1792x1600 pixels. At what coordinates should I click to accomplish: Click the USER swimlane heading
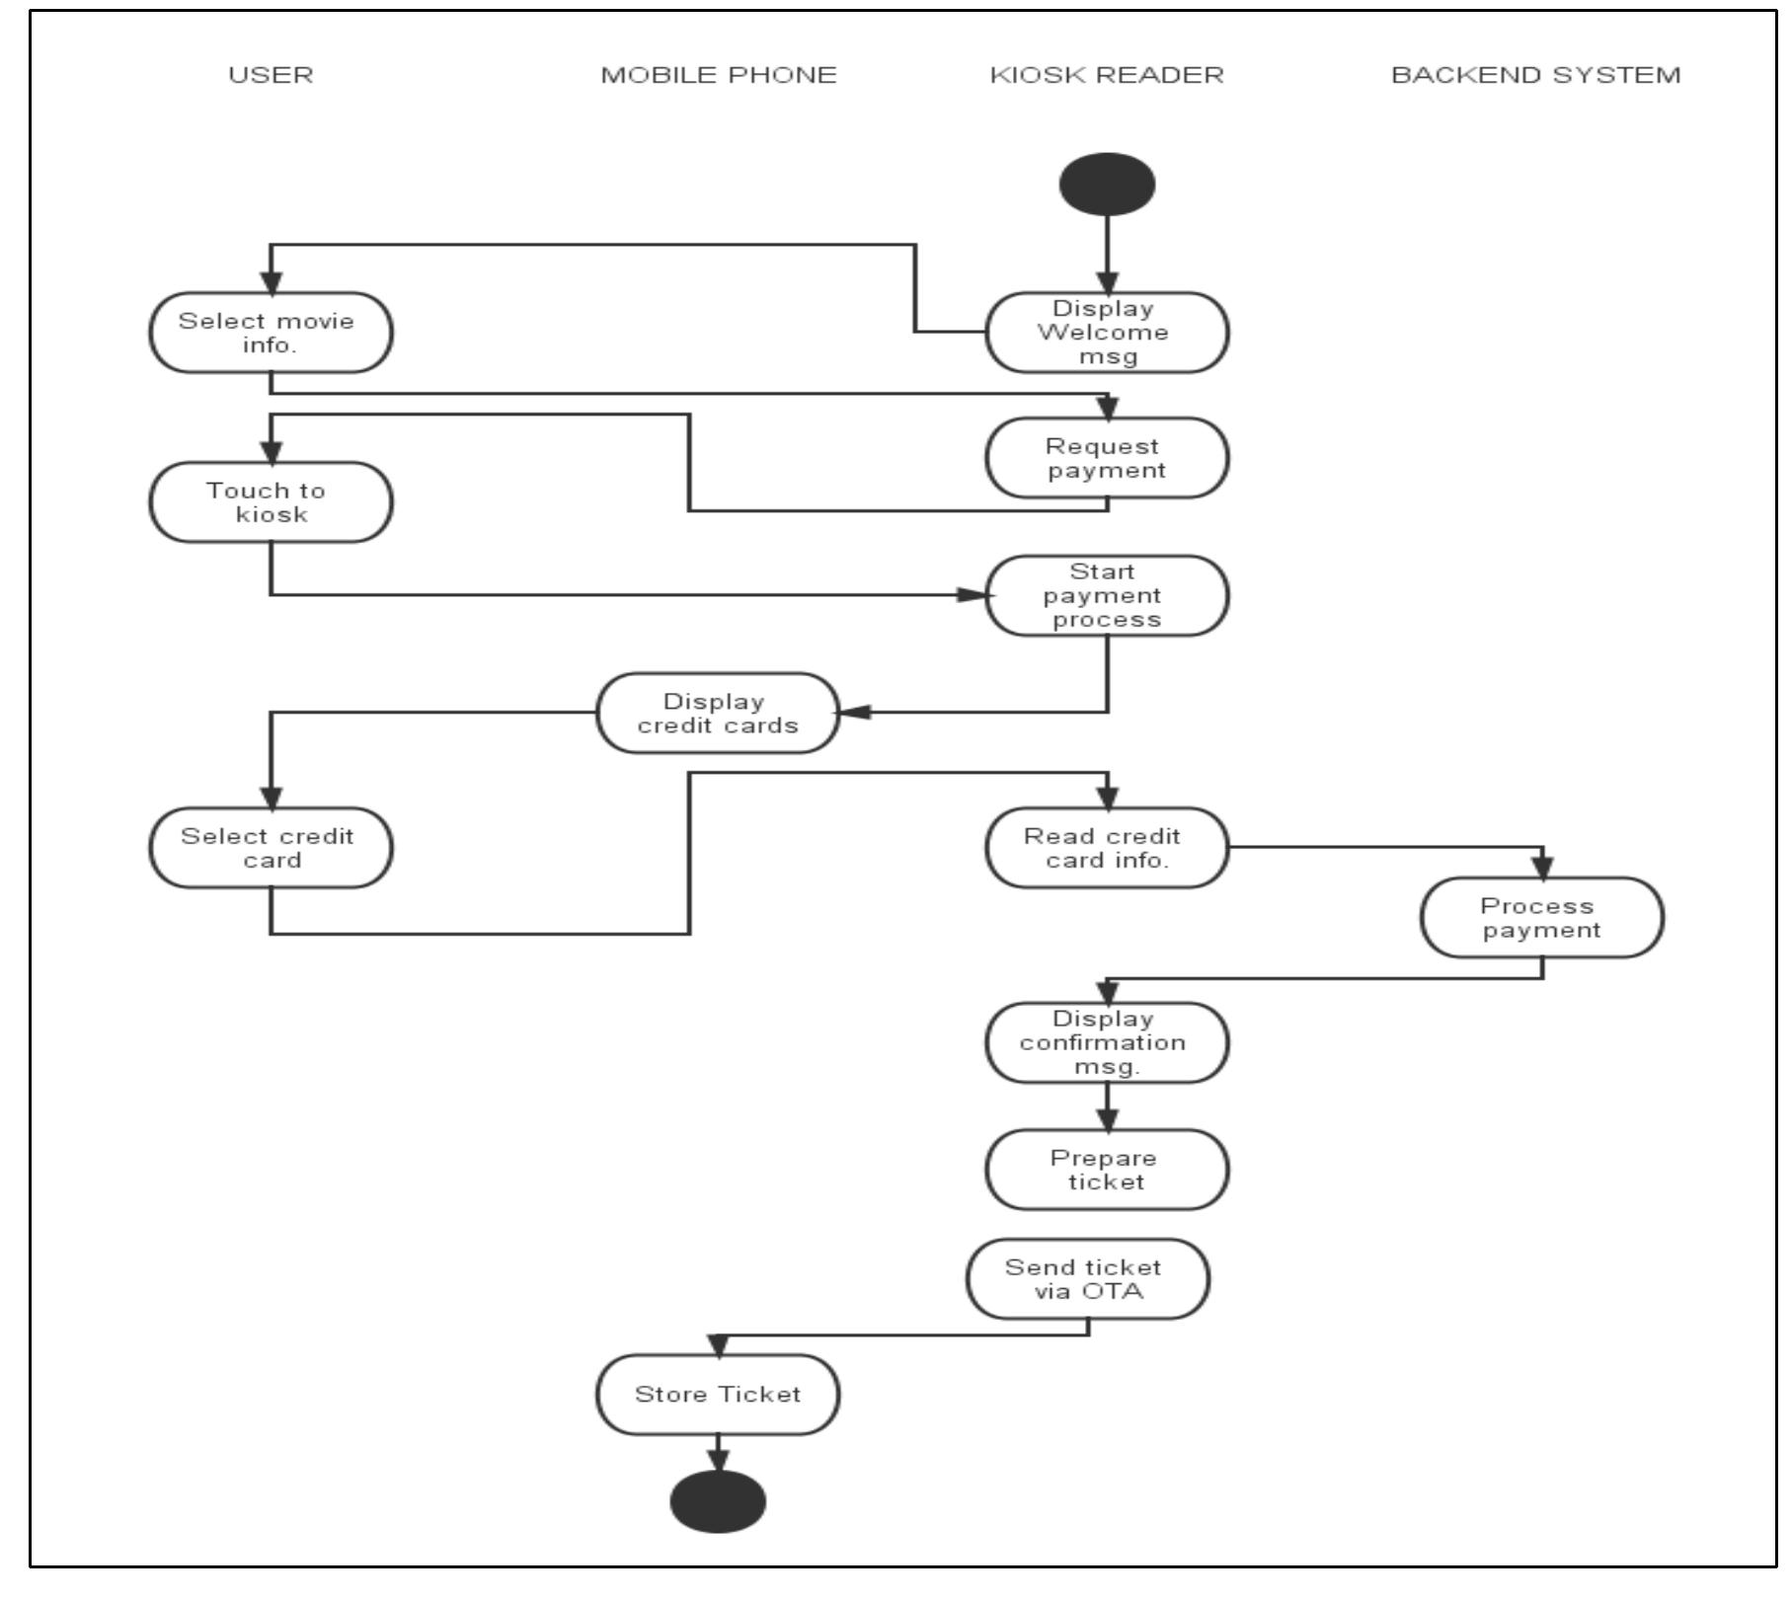tap(271, 75)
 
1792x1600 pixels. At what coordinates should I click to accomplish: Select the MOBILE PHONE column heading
tap(719, 75)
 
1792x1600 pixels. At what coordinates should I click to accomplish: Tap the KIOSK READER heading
tap(1107, 75)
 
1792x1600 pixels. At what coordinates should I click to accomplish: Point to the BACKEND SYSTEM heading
tap(1535, 75)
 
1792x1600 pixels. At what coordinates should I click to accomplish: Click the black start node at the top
tap(1107, 185)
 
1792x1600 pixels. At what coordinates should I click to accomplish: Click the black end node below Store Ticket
tap(718, 1502)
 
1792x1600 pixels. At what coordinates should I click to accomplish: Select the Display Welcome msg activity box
tap(1107, 333)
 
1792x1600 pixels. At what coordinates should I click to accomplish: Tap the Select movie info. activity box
tap(271, 333)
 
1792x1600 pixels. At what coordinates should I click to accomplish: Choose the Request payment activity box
tap(1107, 458)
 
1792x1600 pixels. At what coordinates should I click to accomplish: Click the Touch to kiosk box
tap(271, 502)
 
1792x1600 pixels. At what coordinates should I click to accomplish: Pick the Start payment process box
tap(1107, 595)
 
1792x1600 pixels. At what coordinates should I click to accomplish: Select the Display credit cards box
tap(718, 714)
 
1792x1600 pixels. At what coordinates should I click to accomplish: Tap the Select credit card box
tap(271, 848)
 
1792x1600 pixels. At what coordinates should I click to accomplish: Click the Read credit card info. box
tap(1107, 848)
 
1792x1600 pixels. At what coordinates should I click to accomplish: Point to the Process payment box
tap(1541, 918)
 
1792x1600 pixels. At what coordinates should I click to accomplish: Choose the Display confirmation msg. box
tap(1107, 1043)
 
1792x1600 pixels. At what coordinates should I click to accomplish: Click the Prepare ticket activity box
tap(1107, 1170)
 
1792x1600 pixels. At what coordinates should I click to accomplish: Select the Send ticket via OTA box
tap(1087, 1279)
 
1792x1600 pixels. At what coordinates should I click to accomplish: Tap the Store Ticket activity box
tap(718, 1395)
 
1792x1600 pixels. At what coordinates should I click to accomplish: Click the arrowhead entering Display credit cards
tap(855, 713)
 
